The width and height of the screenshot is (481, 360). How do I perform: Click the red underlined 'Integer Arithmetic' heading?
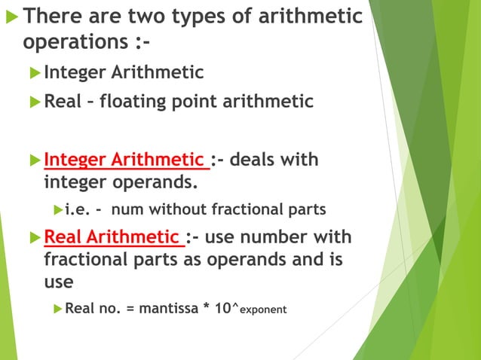point(124,160)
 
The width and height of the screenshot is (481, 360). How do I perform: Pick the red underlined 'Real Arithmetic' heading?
point(113,238)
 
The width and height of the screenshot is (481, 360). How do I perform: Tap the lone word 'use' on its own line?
point(60,282)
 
